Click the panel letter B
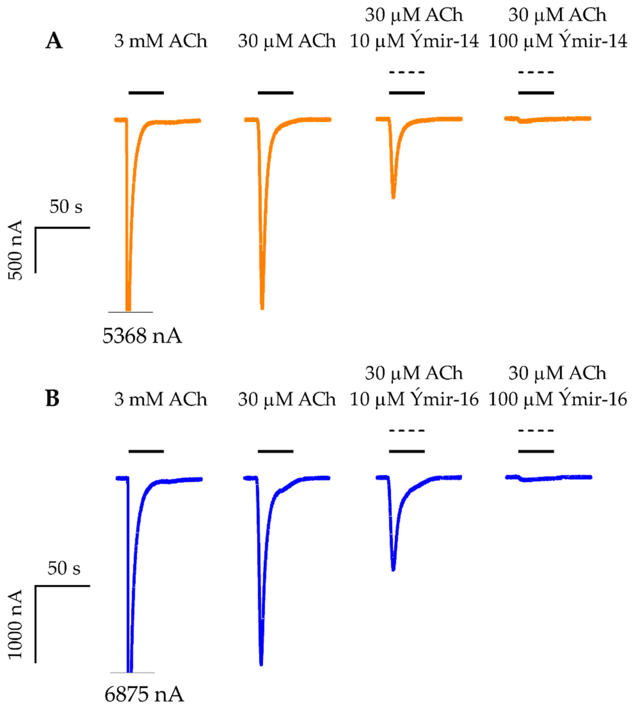point(53,399)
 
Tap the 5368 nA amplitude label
point(142,336)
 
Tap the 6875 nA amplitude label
point(144,695)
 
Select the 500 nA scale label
point(15,250)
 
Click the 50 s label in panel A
point(66,207)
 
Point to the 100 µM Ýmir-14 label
point(557,41)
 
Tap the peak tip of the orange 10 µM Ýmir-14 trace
point(393,197)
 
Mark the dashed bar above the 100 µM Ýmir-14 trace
point(536,72)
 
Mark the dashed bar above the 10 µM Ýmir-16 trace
point(407,431)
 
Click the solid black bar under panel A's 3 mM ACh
point(146,93)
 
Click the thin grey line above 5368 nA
point(130,312)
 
